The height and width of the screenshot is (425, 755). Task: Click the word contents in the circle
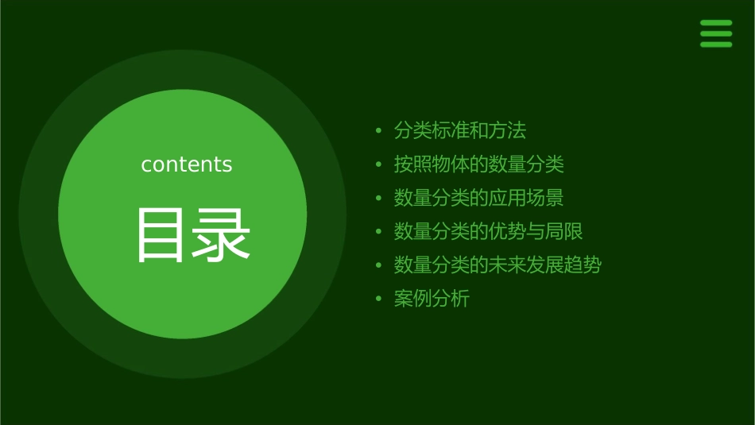point(187,164)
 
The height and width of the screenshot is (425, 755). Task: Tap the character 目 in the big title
point(161,235)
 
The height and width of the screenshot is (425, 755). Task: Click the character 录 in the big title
point(221,235)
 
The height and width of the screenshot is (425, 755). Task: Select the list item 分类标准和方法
point(460,130)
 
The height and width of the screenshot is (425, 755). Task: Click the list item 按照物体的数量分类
point(478,164)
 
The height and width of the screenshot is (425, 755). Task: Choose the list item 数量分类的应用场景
point(478,198)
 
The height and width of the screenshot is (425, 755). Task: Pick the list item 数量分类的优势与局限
point(488,232)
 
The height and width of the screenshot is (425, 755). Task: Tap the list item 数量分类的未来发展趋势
point(498,265)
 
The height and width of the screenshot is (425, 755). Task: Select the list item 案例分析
point(432,299)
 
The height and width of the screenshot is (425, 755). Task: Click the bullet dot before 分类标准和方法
point(379,130)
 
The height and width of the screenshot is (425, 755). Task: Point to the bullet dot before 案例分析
point(379,299)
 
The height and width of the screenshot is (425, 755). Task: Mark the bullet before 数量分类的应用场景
point(379,198)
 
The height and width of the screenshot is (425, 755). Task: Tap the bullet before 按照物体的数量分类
point(379,164)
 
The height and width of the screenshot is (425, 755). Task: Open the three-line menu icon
point(716,33)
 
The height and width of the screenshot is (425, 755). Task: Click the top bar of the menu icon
point(716,23)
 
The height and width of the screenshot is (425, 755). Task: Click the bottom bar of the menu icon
point(716,44)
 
